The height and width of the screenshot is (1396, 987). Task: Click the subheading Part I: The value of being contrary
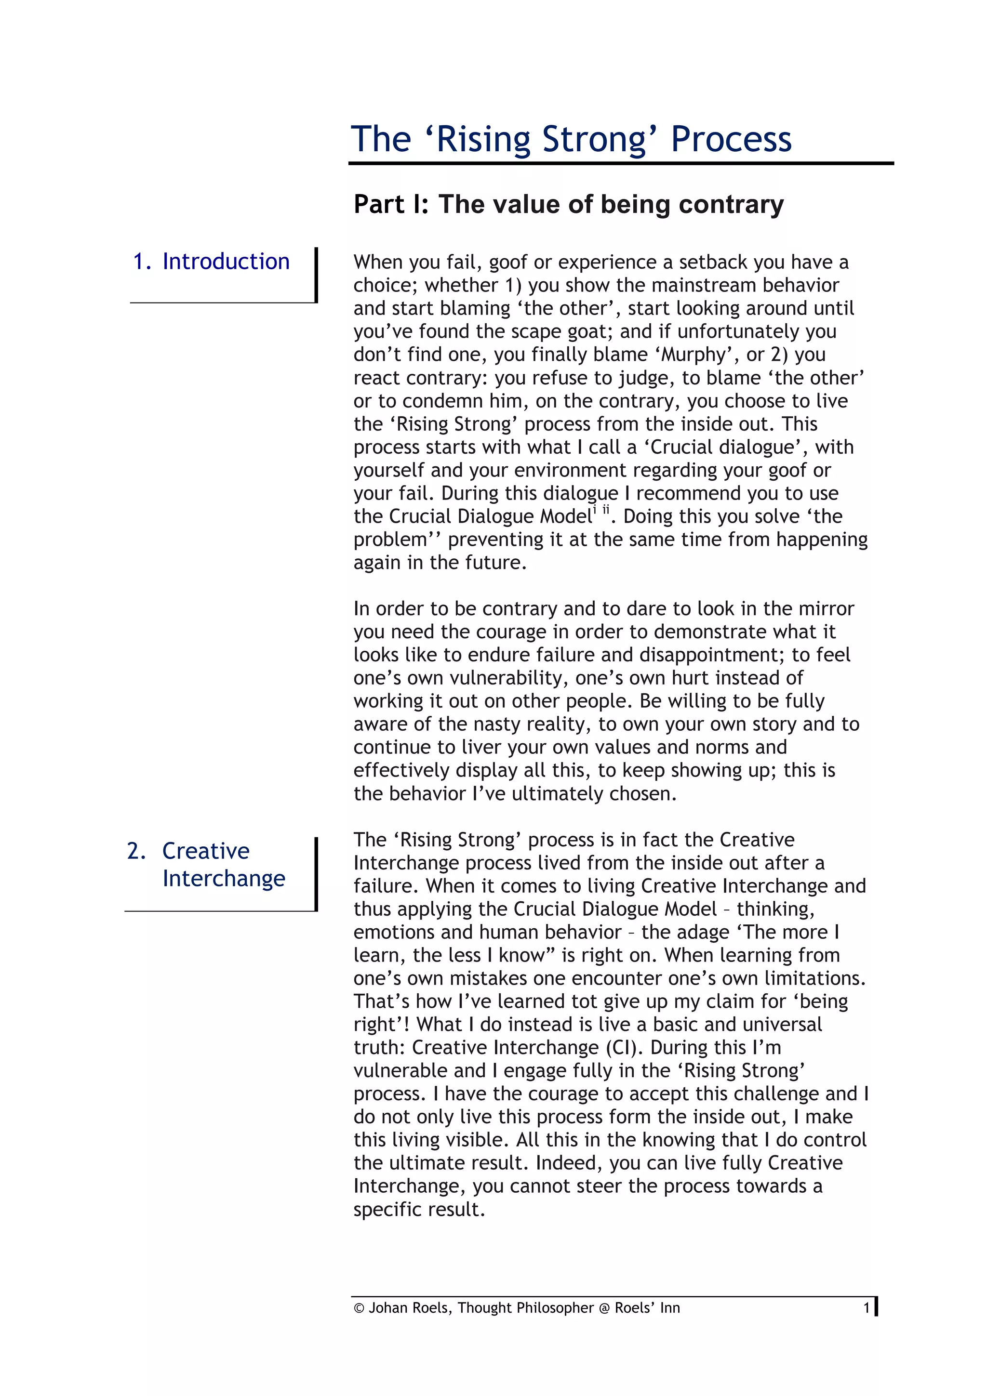tap(568, 204)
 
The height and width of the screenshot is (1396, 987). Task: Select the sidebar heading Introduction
tap(226, 262)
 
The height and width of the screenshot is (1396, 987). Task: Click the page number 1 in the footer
tap(867, 1308)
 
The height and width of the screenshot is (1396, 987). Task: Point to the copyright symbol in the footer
tap(359, 1308)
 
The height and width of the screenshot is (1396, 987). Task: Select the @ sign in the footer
tap(604, 1308)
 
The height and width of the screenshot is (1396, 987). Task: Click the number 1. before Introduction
tap(142, 262)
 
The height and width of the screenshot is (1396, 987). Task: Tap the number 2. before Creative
tap(136, 851)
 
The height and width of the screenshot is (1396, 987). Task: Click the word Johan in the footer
tap(388, 1308)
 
